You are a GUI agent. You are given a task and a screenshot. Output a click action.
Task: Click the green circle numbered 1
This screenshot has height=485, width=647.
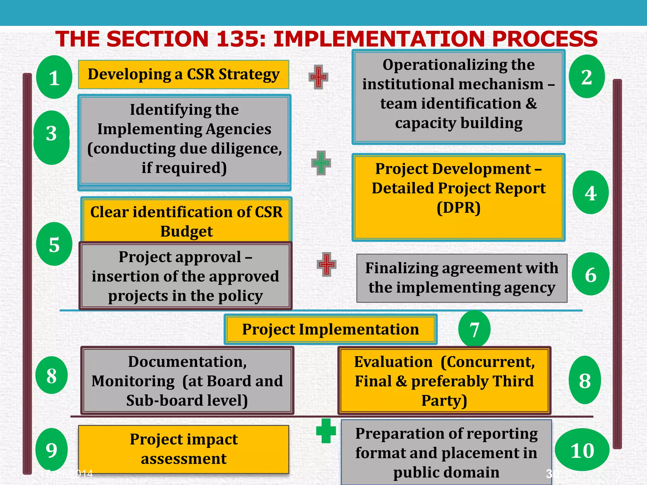pos(54,77)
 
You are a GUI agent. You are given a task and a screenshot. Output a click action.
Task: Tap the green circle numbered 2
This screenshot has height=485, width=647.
pos(587,77)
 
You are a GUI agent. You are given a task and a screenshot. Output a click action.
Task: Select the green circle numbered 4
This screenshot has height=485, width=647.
pos(590,193)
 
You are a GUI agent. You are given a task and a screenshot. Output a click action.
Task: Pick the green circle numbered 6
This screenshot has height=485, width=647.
pos(590,274)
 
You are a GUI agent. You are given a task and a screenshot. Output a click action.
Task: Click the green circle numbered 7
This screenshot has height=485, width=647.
pos(474,329)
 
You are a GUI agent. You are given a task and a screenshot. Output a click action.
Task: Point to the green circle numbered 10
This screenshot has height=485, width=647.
pos(582,450)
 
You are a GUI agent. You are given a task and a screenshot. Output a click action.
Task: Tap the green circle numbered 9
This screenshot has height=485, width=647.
pos(51,450)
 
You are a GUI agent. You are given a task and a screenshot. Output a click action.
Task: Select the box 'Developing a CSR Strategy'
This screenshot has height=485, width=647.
pos(184,75)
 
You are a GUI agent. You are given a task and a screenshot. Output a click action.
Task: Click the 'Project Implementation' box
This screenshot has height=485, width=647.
pos(330,329)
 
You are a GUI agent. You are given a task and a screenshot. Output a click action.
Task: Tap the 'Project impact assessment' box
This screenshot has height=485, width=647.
pos(184,449)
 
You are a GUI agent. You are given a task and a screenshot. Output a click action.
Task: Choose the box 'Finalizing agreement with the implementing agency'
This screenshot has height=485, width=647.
pos(462,278)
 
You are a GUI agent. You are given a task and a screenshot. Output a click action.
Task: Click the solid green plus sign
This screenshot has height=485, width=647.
pos(326,431)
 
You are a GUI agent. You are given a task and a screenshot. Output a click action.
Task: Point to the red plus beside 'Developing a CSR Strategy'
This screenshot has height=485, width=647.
pos(318,77)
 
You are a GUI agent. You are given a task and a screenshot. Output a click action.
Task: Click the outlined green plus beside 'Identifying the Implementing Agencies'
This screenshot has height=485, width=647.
pos(321,163)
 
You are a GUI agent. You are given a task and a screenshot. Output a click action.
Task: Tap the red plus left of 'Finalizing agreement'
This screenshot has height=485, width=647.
pos(326,264)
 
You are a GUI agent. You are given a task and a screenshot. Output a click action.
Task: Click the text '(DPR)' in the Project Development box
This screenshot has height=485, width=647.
pos(458,208)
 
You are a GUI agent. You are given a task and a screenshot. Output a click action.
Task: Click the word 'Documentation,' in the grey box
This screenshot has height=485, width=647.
pos(187,362)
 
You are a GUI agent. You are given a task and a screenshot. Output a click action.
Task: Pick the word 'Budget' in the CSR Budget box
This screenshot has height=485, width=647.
pos(186,231)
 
